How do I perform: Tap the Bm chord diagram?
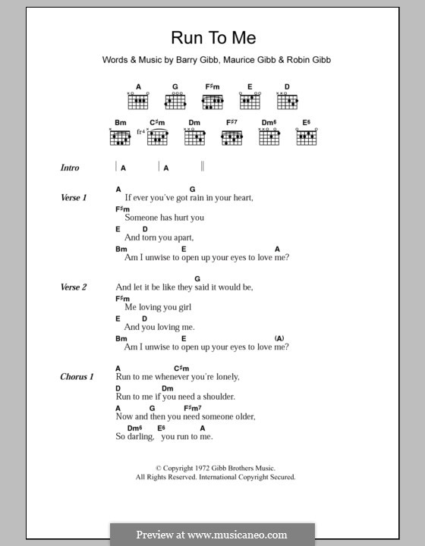click(120, 137)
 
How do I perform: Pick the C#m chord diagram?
click(157, 137)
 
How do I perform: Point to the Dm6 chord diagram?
click(269, 137)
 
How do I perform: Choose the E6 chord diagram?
click(306, 137)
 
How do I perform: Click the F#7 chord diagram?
click(231, 137)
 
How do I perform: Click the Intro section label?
click(70, 168)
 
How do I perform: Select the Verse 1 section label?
click(74, 197)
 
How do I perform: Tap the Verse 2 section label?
click(74, 287)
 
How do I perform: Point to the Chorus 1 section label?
click(77, 376)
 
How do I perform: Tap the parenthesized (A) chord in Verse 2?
click(279, 337)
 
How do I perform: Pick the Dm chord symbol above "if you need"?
click(168, 388)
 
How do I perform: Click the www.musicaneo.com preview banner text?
click(212, 535)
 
